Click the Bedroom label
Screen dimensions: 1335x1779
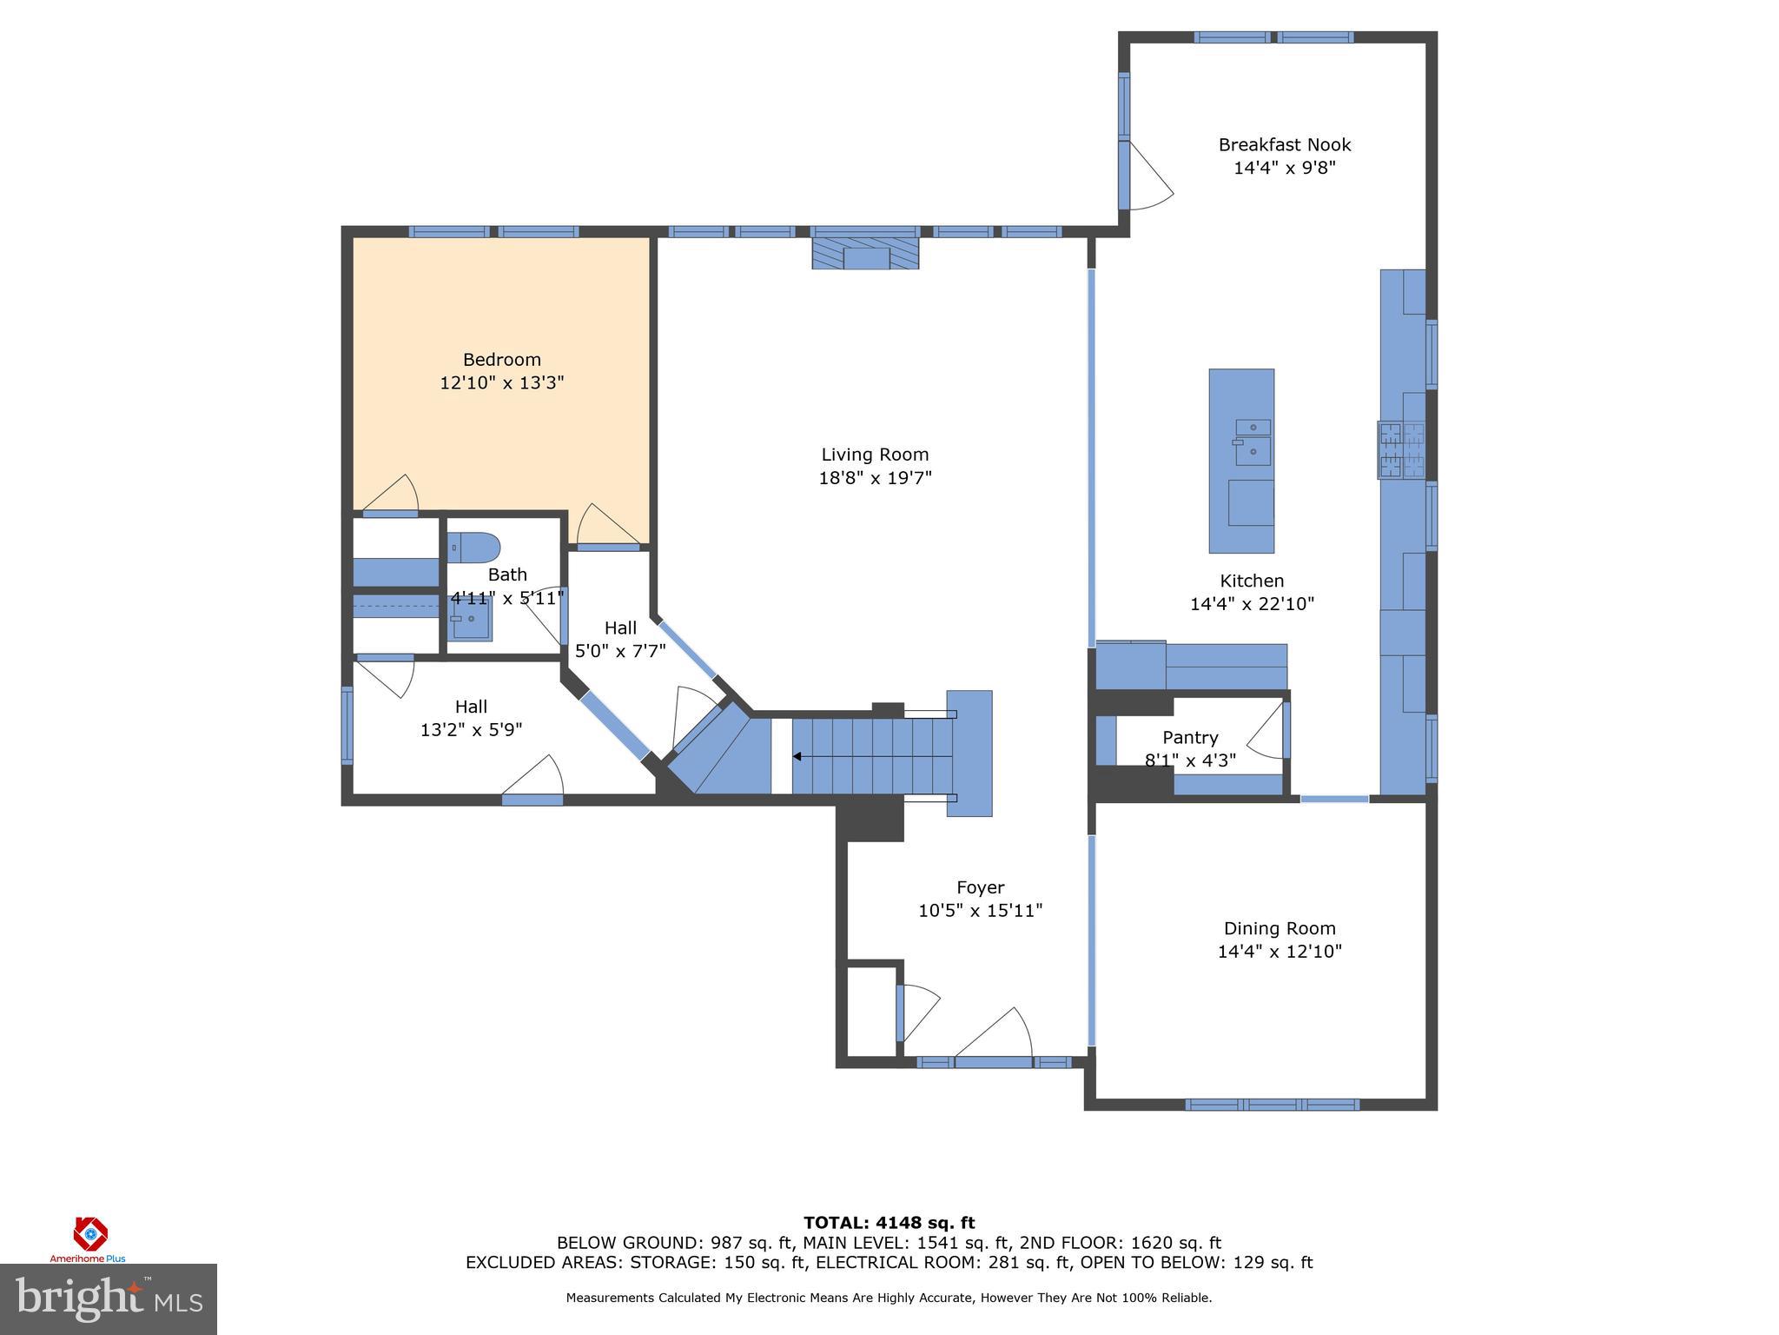501,360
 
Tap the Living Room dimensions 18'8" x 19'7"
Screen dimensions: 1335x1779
875,478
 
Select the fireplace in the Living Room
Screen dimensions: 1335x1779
865,253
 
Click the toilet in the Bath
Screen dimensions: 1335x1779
474,548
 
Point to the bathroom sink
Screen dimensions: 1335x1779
470,619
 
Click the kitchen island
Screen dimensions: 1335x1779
1241,461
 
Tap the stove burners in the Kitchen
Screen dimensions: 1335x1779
1401,450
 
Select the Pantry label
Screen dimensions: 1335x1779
1190,738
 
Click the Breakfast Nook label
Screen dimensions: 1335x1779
1284,145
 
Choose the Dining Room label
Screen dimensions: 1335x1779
1279,928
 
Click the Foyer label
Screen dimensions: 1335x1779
980,887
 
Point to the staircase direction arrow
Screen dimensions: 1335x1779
797,757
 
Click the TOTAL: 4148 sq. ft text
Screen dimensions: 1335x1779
889,1224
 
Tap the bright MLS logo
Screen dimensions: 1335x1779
108,1298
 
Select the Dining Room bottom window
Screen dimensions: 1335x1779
1272,1105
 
